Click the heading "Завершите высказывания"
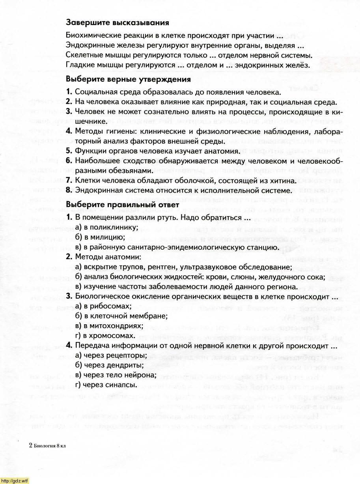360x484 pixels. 117,23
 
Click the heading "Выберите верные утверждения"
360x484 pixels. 128,79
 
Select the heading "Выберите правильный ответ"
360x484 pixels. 123,205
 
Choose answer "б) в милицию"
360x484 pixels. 100,237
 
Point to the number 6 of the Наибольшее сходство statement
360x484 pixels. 69,161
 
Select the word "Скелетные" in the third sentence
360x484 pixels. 83,56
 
